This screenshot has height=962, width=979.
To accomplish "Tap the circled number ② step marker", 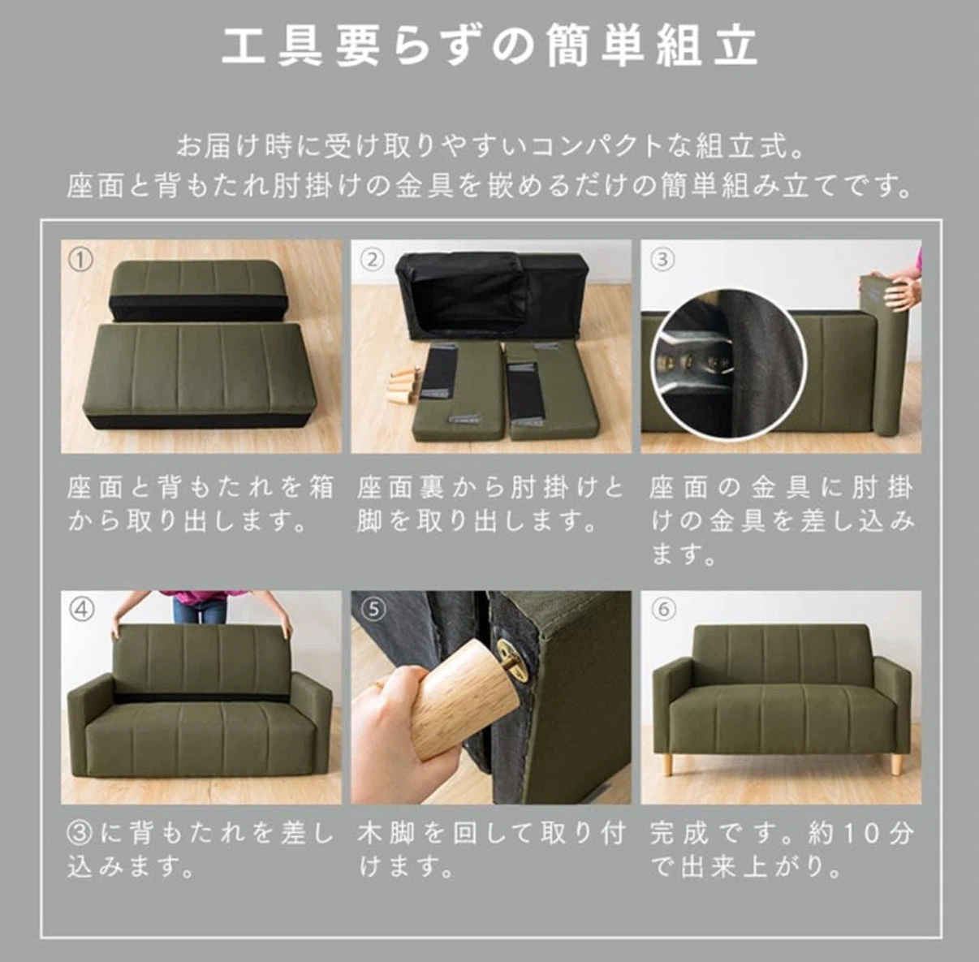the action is tap(372, 261).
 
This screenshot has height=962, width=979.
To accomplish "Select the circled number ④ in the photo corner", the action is tap(81, 610).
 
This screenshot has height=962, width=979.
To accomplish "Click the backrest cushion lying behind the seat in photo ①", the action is tap(199, 291).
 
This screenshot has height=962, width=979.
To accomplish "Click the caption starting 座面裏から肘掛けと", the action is tap(489, 504).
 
